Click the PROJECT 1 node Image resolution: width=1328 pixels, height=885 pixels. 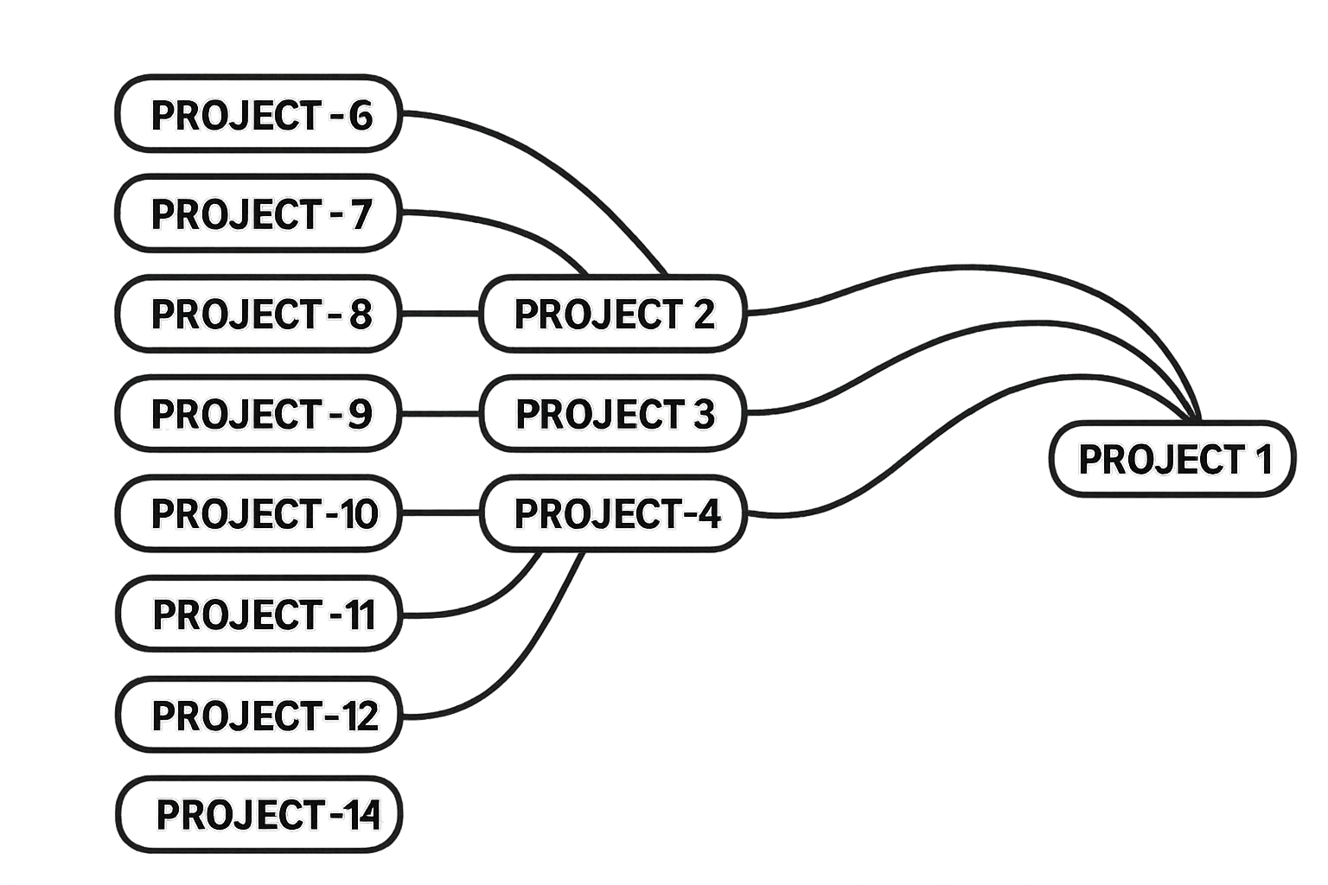point(1172,459)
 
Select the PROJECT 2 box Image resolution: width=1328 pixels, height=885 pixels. point(613,313)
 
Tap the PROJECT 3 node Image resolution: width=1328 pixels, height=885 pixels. point(613,413)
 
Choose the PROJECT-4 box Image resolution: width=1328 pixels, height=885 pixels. point(613,513)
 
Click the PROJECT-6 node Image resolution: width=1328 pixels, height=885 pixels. point(259,114)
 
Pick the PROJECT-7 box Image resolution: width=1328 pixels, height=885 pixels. point(259,213)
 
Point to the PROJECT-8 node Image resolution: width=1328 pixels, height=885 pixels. point(259,313)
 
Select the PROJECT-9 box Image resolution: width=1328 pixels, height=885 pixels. point(259,413)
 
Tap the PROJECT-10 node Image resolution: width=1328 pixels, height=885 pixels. point(259,513)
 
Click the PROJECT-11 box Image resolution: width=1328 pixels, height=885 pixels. point(259,614)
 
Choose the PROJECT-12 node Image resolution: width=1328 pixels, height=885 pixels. point(259,715)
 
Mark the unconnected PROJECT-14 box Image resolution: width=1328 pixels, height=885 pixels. point(259,814)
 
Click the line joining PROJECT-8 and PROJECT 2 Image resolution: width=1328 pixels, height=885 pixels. point(440,313)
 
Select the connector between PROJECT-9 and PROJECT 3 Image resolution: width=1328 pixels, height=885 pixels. point(440,414)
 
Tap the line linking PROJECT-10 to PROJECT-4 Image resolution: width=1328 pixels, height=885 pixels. point(440,513)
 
